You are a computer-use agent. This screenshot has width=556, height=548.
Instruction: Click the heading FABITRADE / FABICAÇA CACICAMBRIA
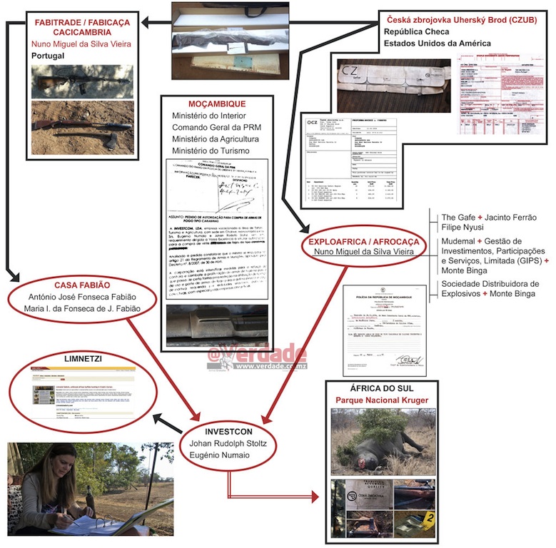click(82, 27)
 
